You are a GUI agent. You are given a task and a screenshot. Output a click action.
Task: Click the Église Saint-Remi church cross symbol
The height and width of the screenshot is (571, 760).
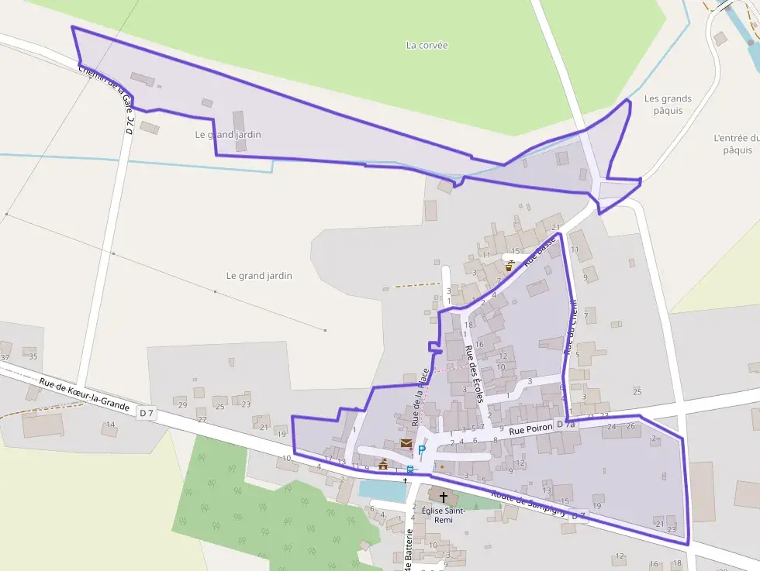coord(444,497)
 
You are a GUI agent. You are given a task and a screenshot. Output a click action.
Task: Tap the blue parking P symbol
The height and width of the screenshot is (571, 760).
coord(421,450)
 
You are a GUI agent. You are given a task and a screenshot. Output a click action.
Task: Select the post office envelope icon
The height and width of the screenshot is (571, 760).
coord(406,443)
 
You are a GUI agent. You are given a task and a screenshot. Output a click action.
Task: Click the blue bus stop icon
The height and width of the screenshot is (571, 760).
coord(409,469)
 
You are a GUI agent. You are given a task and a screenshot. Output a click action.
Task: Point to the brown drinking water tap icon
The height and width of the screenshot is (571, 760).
coord(510,265)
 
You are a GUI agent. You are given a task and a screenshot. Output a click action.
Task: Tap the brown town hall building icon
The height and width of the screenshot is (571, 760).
coord(382,464)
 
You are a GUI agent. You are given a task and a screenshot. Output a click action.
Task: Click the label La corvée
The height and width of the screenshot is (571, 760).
coord(427,45)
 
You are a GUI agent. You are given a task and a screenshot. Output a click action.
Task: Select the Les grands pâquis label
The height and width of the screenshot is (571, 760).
coord(668,105)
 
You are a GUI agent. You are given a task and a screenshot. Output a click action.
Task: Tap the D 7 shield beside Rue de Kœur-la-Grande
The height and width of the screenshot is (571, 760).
coord(147,414)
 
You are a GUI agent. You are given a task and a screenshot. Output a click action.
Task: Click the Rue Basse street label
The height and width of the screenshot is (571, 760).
coord(535,256)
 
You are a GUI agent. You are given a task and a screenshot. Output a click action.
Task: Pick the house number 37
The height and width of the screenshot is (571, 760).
coord(5,357)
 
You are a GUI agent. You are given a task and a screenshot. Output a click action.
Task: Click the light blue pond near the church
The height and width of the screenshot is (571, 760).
coord(382,490)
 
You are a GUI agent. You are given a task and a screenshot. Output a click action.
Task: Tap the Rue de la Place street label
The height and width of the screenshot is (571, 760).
coord(420,398)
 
